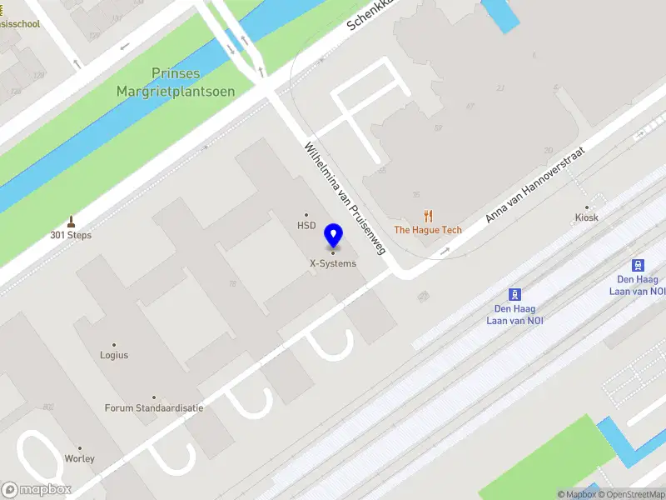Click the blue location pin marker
pos(334,236)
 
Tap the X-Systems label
pos(333,263)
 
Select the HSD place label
pos(307,225)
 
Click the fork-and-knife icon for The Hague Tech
pos(429,216)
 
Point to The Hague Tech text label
pos(428,230)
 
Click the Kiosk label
pos(587,217)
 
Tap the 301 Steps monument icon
pos(71,222)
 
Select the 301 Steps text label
pos(71,235)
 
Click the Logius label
pos(114,355)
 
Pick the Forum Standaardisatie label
pos(154,408)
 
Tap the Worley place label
pos(80,458)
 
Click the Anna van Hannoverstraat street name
pos(536,185)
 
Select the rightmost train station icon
pos(639,265)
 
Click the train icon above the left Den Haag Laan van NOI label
pos(515,294)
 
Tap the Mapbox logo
pos(37,490)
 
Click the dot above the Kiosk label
pos(587,207)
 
